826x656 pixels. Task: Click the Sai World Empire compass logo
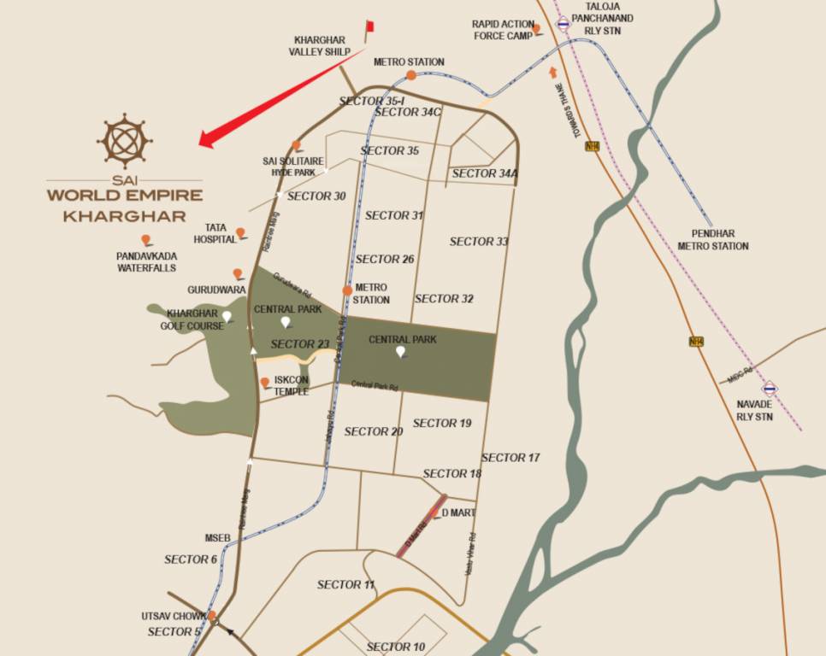tap(124, 140)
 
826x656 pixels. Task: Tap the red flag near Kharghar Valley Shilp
tap(370, 26)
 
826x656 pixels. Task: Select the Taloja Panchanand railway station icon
tap(563, 24)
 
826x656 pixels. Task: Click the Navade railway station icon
tap(770, 388)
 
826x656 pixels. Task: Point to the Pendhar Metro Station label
tap(712, 239)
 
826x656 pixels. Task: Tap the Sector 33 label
tap(479, 242)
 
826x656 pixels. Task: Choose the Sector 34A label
tap(485, 174)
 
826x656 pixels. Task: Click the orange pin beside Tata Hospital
tap(241, 232)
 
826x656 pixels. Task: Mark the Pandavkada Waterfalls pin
tap(146, 240)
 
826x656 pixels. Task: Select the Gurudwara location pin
tap(238, 274)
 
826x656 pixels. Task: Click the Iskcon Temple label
tap(292, 386)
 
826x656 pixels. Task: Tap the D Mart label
tap(458, 512)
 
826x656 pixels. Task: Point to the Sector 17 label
tap(510, 458)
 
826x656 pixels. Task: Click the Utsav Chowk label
tap(174, 616)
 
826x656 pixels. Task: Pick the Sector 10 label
tap(396, 647)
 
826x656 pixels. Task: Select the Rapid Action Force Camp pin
tap(536, 30)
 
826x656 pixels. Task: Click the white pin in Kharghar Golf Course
tap(227, 317)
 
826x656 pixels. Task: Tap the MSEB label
tap(217, 538)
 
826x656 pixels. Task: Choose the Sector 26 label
tap(385, 259)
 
